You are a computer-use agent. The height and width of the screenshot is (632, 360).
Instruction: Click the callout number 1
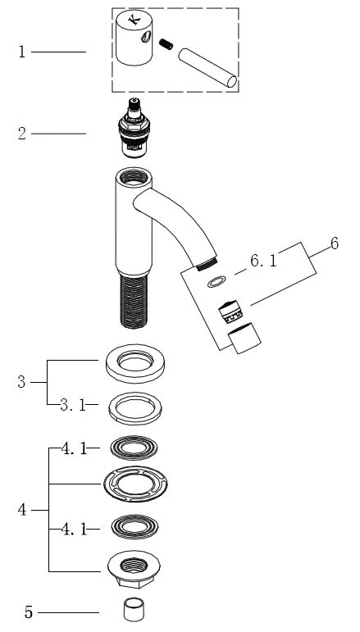click(x=22, y=52)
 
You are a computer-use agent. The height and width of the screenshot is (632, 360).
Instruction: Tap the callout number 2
click(x=22, y=134)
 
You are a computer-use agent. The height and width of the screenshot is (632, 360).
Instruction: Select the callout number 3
click(x=21, y=382)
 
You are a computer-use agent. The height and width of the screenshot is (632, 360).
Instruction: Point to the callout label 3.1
click(x=73, y=405)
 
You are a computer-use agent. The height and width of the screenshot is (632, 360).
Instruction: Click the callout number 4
click(x=22, y=510)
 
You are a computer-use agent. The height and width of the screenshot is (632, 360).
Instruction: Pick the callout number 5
click(x=335, y=243)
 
